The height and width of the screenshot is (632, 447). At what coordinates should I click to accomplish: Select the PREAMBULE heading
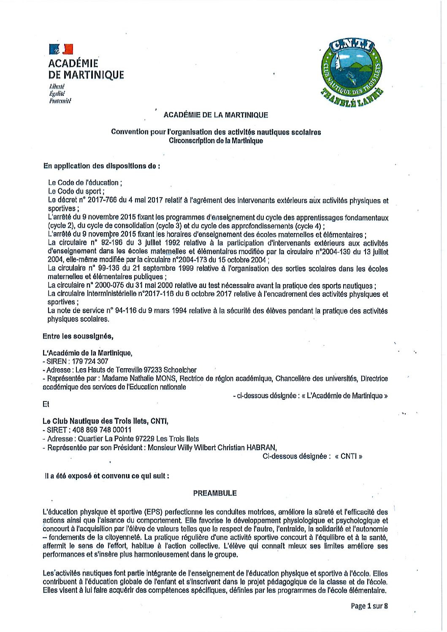click(215, 493)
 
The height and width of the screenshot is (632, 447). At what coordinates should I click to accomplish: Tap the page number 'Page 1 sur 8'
click(369, 606)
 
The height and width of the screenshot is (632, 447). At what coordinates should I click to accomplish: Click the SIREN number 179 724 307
click(90, 361)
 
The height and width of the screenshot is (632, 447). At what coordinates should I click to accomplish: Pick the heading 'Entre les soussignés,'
click(78, 336)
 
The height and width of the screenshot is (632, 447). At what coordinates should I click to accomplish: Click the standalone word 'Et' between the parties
click(46, 404)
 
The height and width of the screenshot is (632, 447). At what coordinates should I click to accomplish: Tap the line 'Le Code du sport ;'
click(76, 191)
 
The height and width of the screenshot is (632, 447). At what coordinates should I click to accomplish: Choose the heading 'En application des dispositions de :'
click(101, 166)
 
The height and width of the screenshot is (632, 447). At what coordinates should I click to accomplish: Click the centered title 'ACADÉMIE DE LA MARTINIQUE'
click(215, 115)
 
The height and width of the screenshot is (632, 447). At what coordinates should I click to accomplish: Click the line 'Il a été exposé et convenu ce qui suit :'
click(107, 475)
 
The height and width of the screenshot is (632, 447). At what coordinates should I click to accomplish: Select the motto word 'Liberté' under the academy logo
click(57, 86)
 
